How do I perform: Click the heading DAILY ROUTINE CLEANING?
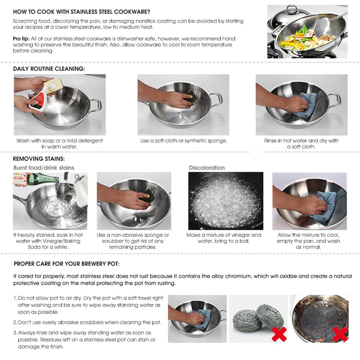click(x=49, y=69)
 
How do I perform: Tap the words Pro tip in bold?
click(x=21, y=38)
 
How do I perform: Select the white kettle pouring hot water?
click(x=81, y=190)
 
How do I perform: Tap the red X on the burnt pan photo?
click(x=340, y=334)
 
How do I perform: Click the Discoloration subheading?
click(x=207, y=168)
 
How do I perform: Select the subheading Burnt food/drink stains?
click(x=44, y=168)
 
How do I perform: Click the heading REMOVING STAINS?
click(x=39, y=159)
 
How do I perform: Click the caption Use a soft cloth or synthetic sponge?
click(x=184, y=141)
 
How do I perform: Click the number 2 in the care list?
click(x=15, y=322)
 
